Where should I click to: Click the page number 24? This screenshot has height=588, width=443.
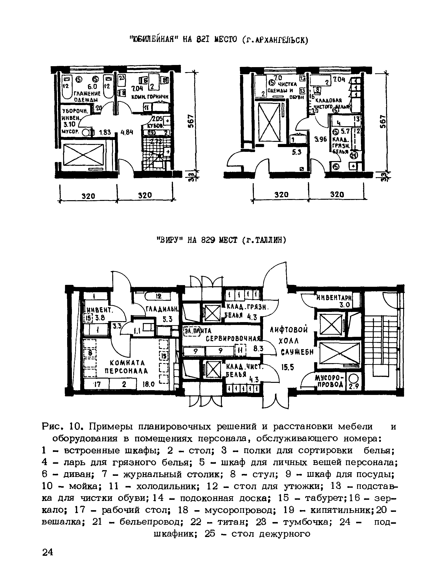48,552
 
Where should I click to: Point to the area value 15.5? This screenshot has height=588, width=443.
288,368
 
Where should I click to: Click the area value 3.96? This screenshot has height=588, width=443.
320,139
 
